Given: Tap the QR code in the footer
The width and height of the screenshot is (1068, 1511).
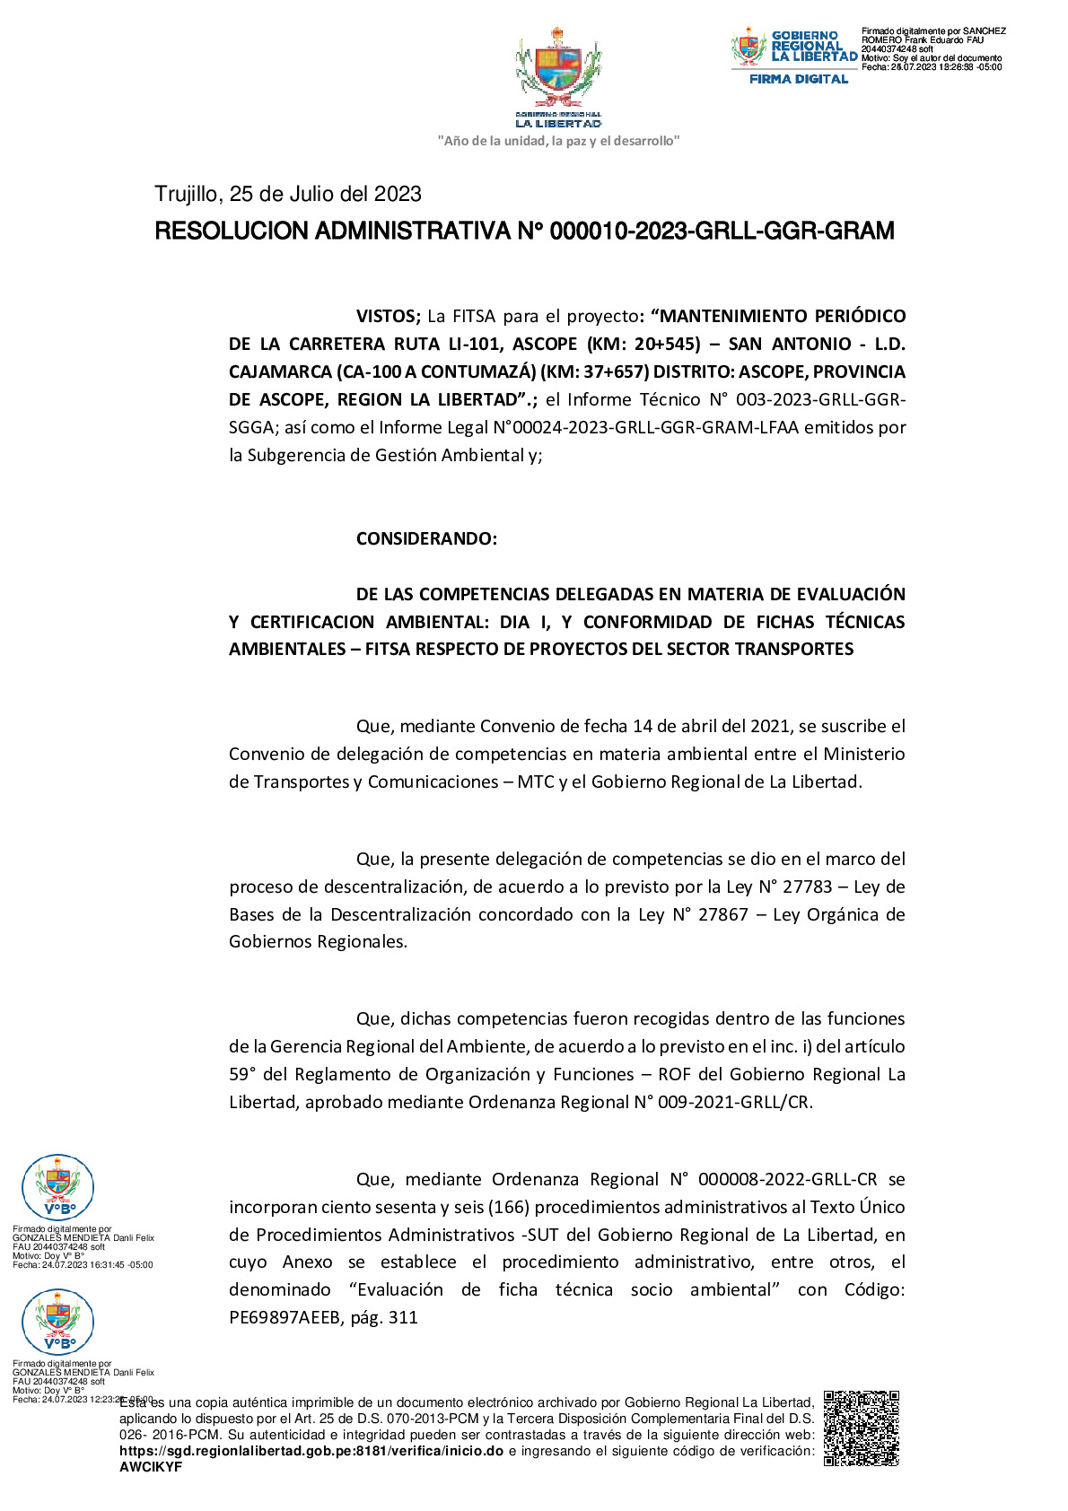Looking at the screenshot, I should tap(861, 1428).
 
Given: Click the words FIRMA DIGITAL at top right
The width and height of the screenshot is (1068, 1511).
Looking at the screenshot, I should tap(799, 79).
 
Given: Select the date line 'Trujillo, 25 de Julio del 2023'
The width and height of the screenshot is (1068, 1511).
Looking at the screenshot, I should tap(288, 195).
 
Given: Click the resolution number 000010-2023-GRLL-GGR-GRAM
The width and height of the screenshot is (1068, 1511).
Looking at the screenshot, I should tap(722, 231).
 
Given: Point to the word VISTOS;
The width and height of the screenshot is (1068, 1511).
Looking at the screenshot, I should tap(389, 316).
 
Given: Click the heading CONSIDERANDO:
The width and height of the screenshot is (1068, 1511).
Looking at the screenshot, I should tap(426, 538).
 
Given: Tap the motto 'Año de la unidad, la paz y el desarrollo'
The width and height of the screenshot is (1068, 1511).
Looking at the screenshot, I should tap(558, 141).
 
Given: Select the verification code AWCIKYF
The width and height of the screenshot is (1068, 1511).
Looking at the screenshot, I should tap(151, 1467).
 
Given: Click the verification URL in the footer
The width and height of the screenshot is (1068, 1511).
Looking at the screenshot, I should tap(311, 1451).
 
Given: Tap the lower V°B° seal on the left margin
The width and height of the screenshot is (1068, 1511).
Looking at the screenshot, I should tap(57, 1321).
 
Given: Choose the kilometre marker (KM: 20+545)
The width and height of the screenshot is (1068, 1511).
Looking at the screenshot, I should tap(643, 344).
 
